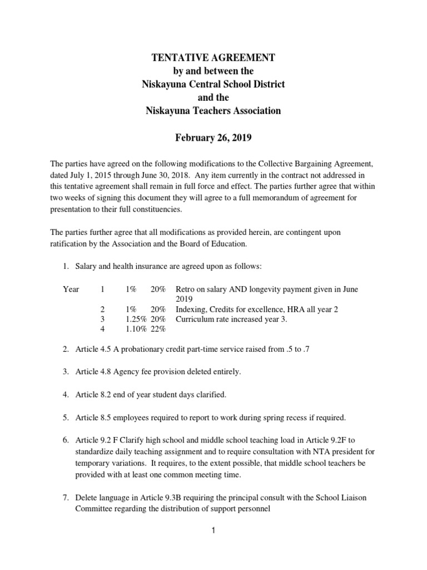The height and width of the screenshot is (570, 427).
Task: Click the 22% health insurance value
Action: click(x=158, y=329)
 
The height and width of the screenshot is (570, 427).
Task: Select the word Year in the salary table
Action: click(x=72, y=289)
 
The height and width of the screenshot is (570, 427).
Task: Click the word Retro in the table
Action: click(x=185, y=289)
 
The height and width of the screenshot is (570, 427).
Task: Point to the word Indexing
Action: click(x=191, y=309)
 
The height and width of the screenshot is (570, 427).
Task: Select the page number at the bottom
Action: click(x=212, y=531)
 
